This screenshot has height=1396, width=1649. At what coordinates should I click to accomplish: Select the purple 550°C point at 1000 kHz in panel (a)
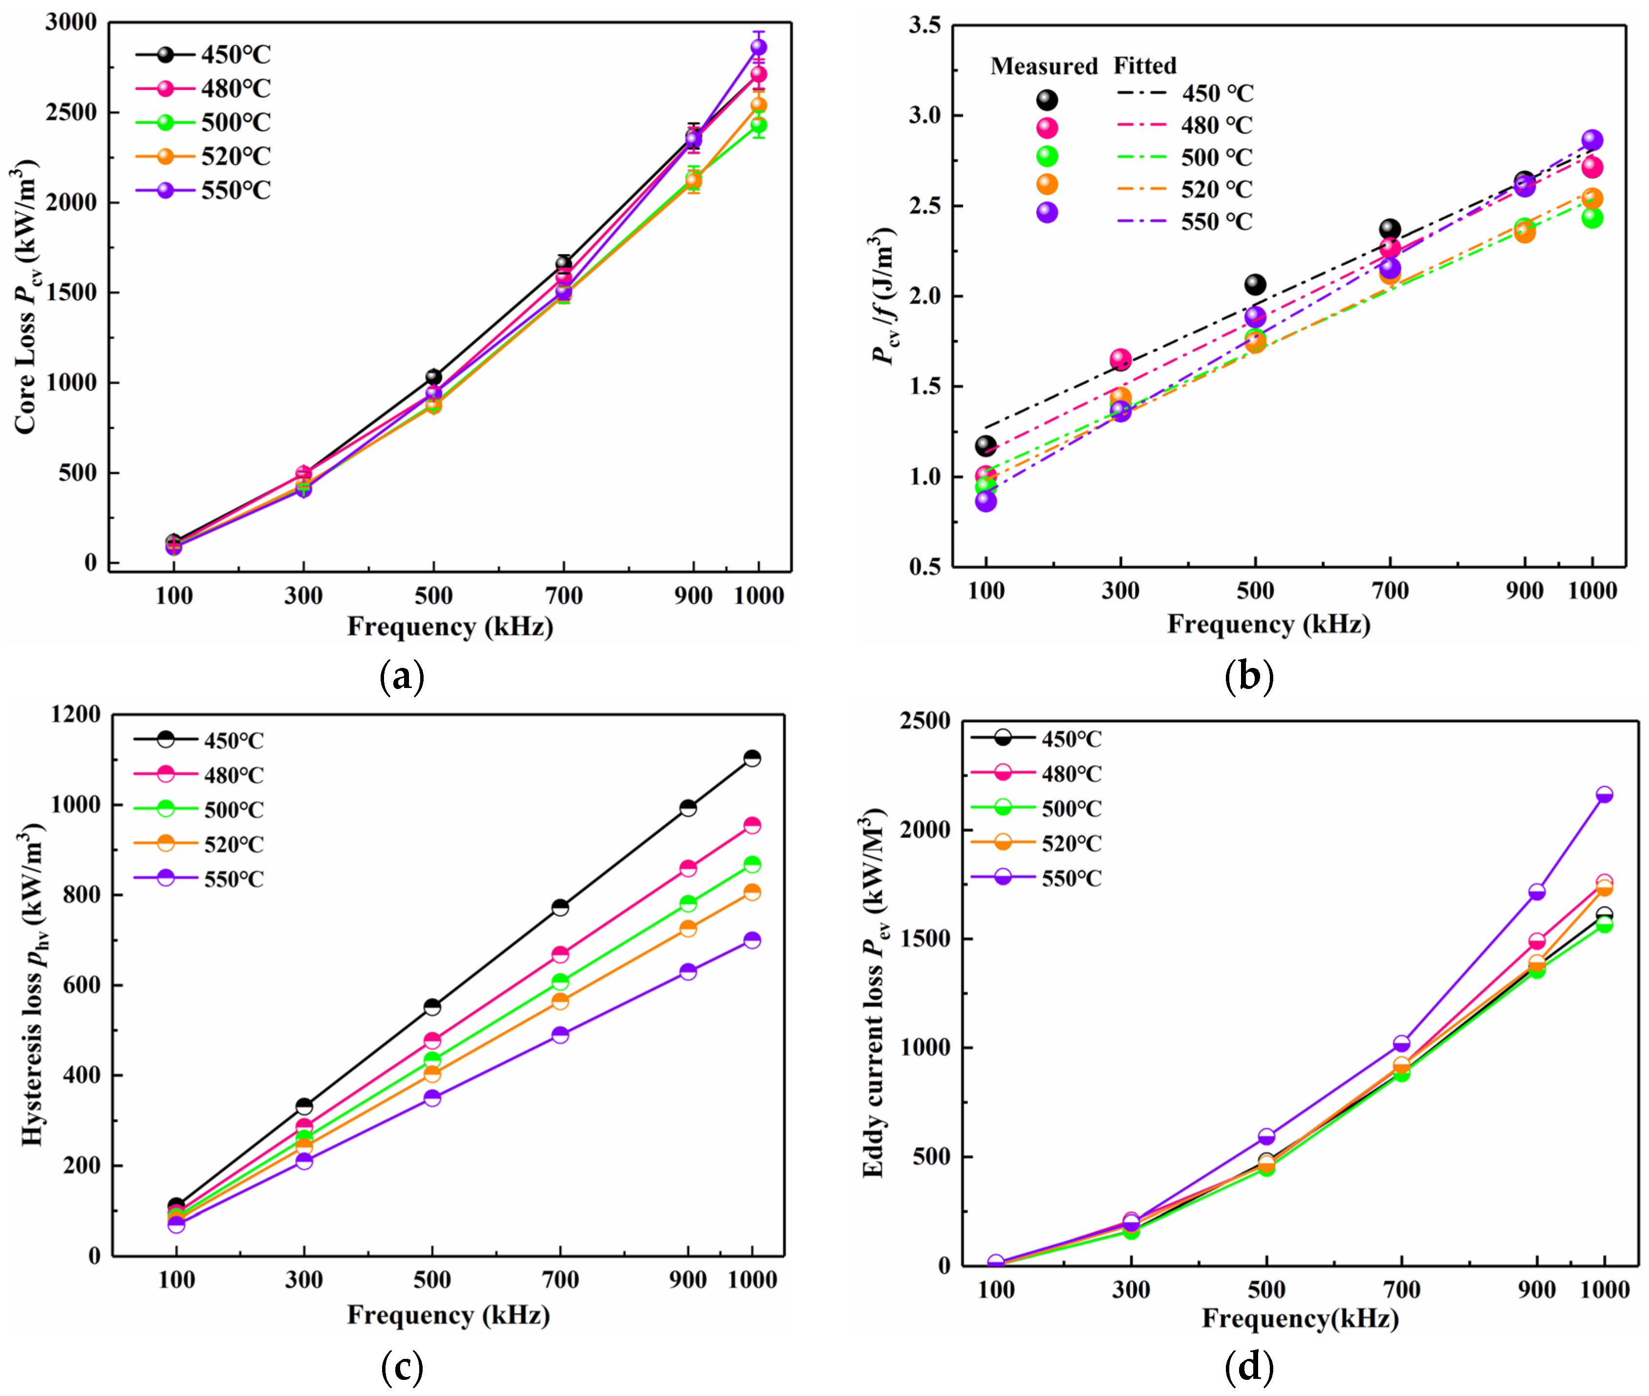[758, 47]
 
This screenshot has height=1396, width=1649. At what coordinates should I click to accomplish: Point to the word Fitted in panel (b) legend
[1144, 65]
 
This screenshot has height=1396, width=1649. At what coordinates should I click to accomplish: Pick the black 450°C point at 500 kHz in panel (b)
[1255, 284]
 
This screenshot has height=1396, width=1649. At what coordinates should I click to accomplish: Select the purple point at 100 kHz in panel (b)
[985, 501]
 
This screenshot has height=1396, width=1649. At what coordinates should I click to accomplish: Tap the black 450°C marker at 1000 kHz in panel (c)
[752, 758]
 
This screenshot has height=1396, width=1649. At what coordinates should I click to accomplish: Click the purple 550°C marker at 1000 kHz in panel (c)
[752, 940]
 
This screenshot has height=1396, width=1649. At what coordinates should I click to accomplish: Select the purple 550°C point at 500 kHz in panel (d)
[1266, 1137]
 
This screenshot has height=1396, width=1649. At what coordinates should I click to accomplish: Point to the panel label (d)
[1249, 1365]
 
